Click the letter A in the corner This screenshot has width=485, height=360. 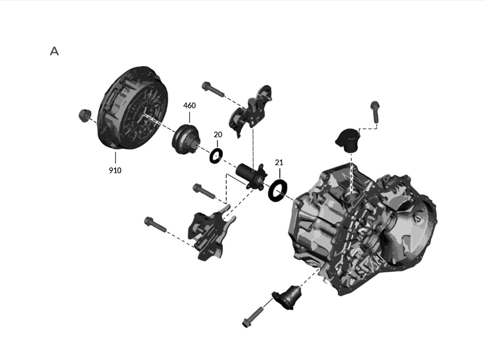coord(54,51)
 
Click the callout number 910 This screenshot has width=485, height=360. coord(115,170)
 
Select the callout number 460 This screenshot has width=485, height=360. coord(189,106)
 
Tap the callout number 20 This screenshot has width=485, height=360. coord(218,134)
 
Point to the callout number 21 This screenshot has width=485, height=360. coord(279,162)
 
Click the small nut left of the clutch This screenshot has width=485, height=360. coord(84,114)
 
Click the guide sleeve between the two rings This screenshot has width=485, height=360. coord(250,175)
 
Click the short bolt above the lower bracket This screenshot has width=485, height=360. coord(203,191)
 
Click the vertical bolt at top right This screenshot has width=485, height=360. coord(375,112)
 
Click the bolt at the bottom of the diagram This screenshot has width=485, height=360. coord(252,317)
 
